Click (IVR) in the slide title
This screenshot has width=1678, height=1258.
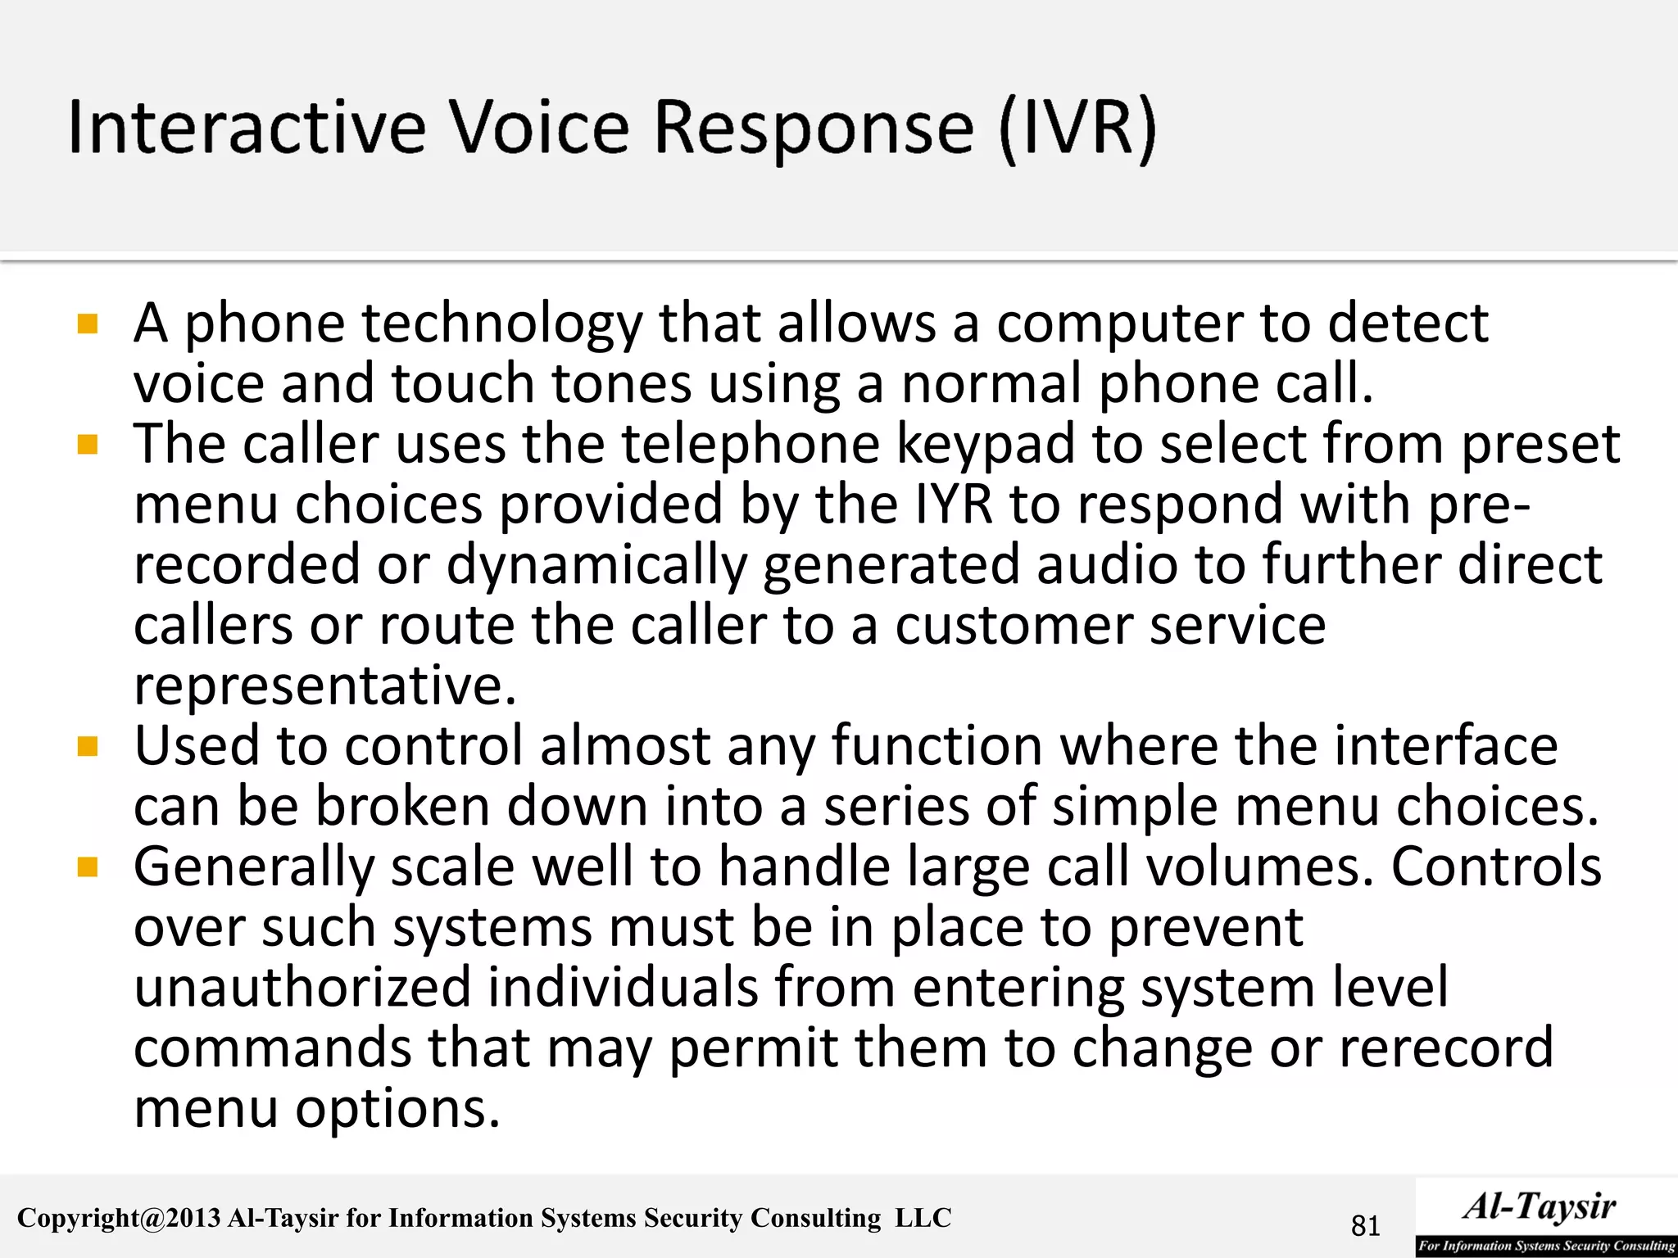coord(1078,129)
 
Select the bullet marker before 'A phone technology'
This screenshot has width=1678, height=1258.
coord(88,324)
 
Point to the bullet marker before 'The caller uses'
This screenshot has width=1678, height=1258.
coord(88,446)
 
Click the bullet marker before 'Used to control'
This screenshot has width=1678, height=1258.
coord(88,747)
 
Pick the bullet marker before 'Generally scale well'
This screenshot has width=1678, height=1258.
coord(88,867)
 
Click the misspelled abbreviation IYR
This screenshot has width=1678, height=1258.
coord(953,505)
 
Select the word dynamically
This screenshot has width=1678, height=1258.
coord(596,565)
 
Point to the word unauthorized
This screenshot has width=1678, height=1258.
coord(302,987)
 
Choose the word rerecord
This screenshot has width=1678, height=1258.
coord(1445,1048)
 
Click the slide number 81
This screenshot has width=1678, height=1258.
coord(1365,1226)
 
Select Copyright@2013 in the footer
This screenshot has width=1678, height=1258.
coord(119,1218)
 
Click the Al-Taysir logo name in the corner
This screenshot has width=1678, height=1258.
coord(1540,1206)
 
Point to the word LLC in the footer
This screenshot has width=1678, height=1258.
coord(923,1218)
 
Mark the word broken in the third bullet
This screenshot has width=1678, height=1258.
coord(403,807)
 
